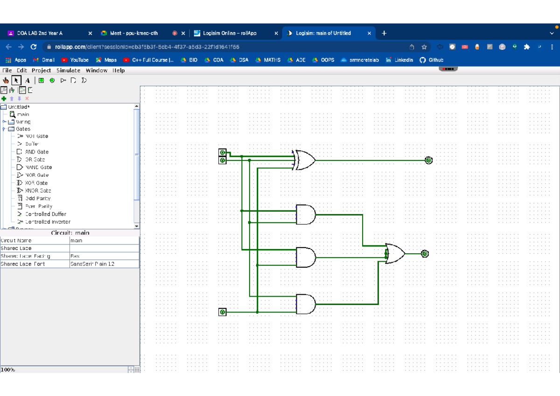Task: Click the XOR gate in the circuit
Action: click(x=305, y=160)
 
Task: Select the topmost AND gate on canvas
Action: click(x=306, y=215)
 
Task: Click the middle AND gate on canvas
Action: click(x=306, y=257)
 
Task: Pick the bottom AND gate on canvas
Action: click(x=306, y=304)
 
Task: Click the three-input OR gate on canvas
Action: click(x=395, y=254)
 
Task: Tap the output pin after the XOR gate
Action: click(x=428, y=160)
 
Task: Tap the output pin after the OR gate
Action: click(x=424, y=254)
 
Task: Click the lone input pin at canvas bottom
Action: click(x=223, y=312)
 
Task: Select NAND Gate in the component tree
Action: click(x=38, y=167)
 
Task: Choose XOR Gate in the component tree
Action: click(x=36, y=183)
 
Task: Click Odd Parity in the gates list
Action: click(x=37, y=198)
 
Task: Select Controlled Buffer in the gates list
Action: click(x=45, y=214)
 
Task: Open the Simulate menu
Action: click(x=68, y=70)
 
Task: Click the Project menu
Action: click(x=41, y=70)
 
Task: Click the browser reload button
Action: click(x=34, y=47)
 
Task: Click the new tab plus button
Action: click(x=384, y=33)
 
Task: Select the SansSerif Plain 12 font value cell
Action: click(x=104, y=264)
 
